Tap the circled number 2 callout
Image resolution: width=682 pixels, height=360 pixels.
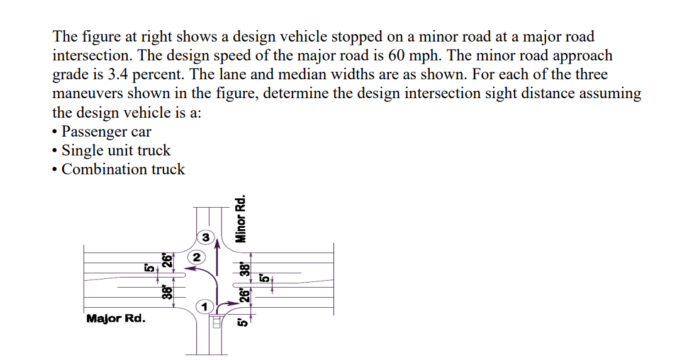(197, 257)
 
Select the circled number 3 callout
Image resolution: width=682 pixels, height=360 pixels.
(206, 237)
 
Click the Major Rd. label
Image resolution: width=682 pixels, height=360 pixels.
(115, 318)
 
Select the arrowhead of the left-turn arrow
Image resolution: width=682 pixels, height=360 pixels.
(194, 270)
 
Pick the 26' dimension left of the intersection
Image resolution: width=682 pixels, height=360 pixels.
(167, 260)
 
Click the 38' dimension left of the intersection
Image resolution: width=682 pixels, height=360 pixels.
(167, 291)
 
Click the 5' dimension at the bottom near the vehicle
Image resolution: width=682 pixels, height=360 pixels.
(241, 323)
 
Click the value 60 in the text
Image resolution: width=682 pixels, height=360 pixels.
(397, 55)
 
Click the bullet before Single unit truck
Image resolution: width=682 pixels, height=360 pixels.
(55, 150)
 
